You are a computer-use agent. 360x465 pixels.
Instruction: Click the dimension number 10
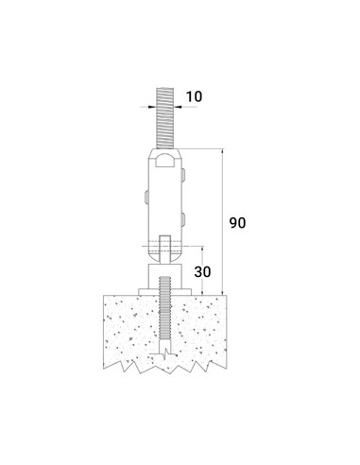point(194,96)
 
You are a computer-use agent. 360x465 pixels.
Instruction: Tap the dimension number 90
point(237,223)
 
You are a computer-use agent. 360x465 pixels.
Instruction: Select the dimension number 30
point(202,271)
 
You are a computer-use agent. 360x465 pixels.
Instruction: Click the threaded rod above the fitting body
point(165,118)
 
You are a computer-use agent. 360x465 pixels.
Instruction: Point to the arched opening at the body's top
point(165,160)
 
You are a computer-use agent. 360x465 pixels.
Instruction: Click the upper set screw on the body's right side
point(183,175)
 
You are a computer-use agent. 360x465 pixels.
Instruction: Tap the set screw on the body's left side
point(146,198)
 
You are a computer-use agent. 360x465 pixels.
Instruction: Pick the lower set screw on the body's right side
point(183,219)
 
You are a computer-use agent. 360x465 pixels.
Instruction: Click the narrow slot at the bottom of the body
point(165,249)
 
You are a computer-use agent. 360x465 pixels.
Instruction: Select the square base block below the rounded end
point(165,276)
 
